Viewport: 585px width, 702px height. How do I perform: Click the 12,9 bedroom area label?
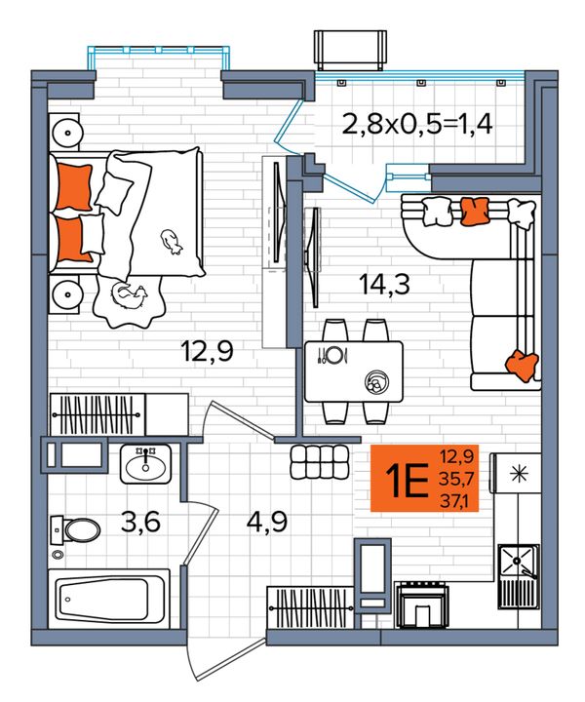click(x=207, y=351)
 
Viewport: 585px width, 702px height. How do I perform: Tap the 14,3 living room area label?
click(x=384, y=284)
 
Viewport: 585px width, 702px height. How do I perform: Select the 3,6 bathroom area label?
click(x=140, y=522)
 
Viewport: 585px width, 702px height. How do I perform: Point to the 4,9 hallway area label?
click(x=267, y=522)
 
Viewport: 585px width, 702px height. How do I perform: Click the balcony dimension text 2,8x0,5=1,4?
click(x=417, y=125)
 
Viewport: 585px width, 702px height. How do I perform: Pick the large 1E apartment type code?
click(x=409, y=480)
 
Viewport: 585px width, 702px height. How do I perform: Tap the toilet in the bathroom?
click(x=76, y=530)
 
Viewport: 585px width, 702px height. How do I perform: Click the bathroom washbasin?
click(x=145, y=464)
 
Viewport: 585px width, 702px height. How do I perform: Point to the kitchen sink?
click(x=519, y=576)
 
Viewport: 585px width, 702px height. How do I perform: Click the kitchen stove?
click(x=421, y=605)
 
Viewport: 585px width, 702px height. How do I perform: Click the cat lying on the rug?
click(x=129, y=296)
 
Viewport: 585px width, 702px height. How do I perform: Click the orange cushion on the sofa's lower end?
click(x=523, y=365)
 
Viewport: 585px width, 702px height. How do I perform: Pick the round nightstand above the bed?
click(x=66, y=133)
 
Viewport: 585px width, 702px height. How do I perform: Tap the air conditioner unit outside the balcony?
click(x=350, y=50)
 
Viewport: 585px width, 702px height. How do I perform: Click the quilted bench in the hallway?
click(x=320, y=462)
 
